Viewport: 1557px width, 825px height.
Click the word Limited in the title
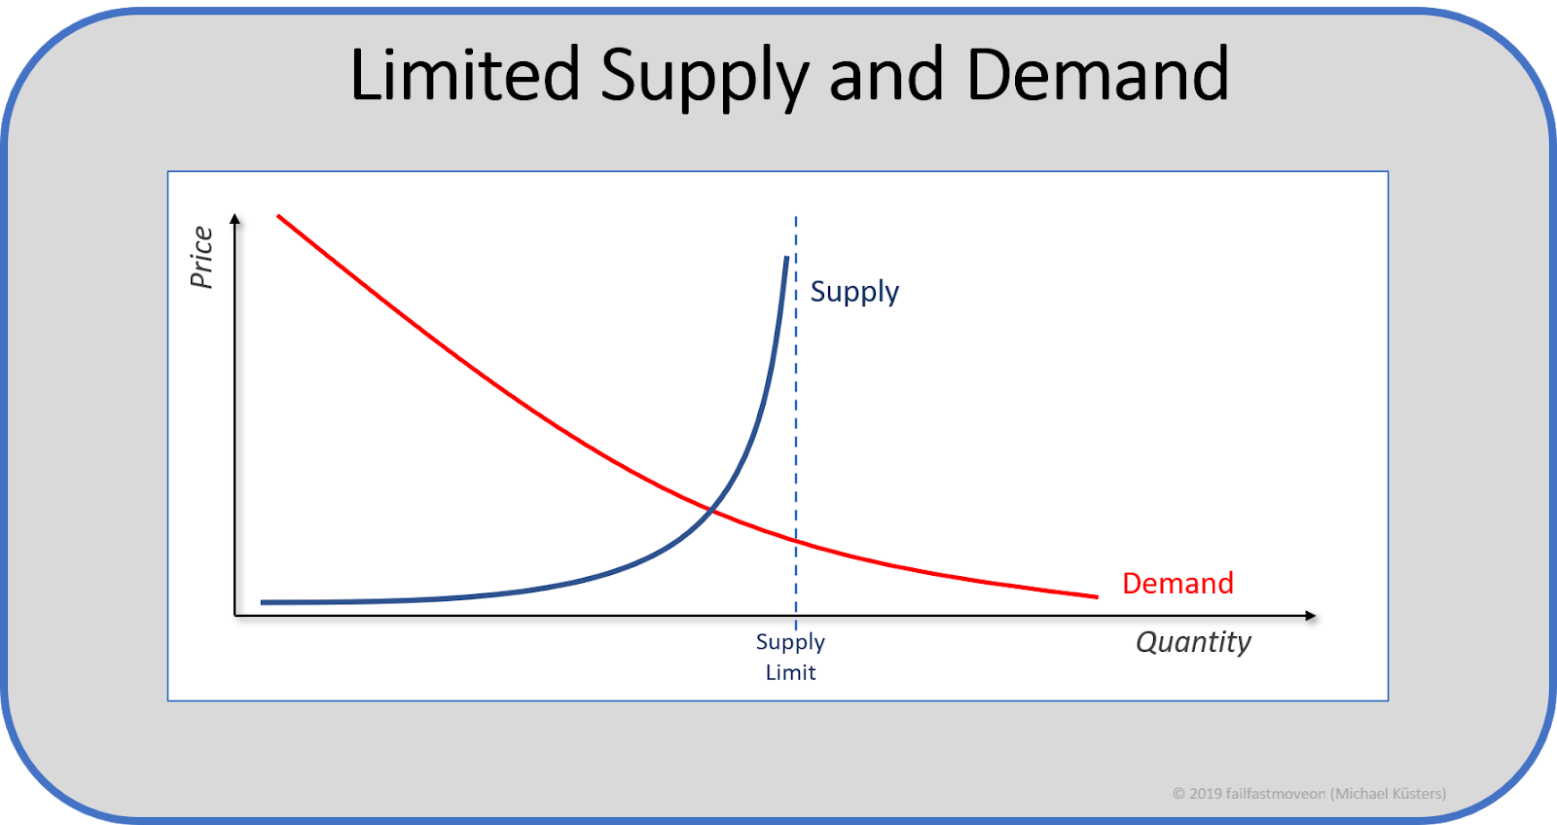465,75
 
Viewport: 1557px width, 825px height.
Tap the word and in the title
886,75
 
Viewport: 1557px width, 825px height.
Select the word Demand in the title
1098,75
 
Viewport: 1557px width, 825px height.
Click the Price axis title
201,257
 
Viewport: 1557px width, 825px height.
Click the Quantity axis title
1193,642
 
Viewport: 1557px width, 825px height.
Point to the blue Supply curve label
854,292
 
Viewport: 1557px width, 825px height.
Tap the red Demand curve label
1177,583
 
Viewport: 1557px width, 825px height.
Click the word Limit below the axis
790,672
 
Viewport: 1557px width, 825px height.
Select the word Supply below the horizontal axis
790,642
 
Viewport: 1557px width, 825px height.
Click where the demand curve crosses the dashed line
796,540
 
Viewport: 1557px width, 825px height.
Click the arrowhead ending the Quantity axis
1311,616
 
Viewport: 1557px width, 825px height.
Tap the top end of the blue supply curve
786,258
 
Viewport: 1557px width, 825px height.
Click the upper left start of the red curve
279,216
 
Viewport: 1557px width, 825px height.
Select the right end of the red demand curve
1097,596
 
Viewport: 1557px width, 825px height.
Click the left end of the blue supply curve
263,602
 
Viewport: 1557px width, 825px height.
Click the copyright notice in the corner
1309,794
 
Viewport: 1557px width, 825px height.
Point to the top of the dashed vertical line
796,218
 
